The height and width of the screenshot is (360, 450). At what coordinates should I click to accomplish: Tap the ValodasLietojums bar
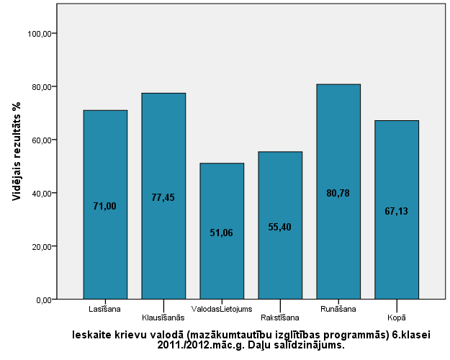coord(222,202)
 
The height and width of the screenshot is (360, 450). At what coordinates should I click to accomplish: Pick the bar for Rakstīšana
coord(280,194)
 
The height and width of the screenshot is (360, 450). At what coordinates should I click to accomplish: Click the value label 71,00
coord(105,207)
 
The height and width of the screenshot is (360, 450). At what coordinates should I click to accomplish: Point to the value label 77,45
coord(163,198)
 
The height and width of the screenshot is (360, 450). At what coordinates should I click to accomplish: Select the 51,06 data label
coord(222,233)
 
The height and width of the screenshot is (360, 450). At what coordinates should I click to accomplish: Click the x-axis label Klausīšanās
coord(163,317)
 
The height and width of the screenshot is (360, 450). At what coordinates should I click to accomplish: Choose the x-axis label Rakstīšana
coord(280,317)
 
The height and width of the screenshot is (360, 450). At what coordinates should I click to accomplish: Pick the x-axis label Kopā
coord(397,317)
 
